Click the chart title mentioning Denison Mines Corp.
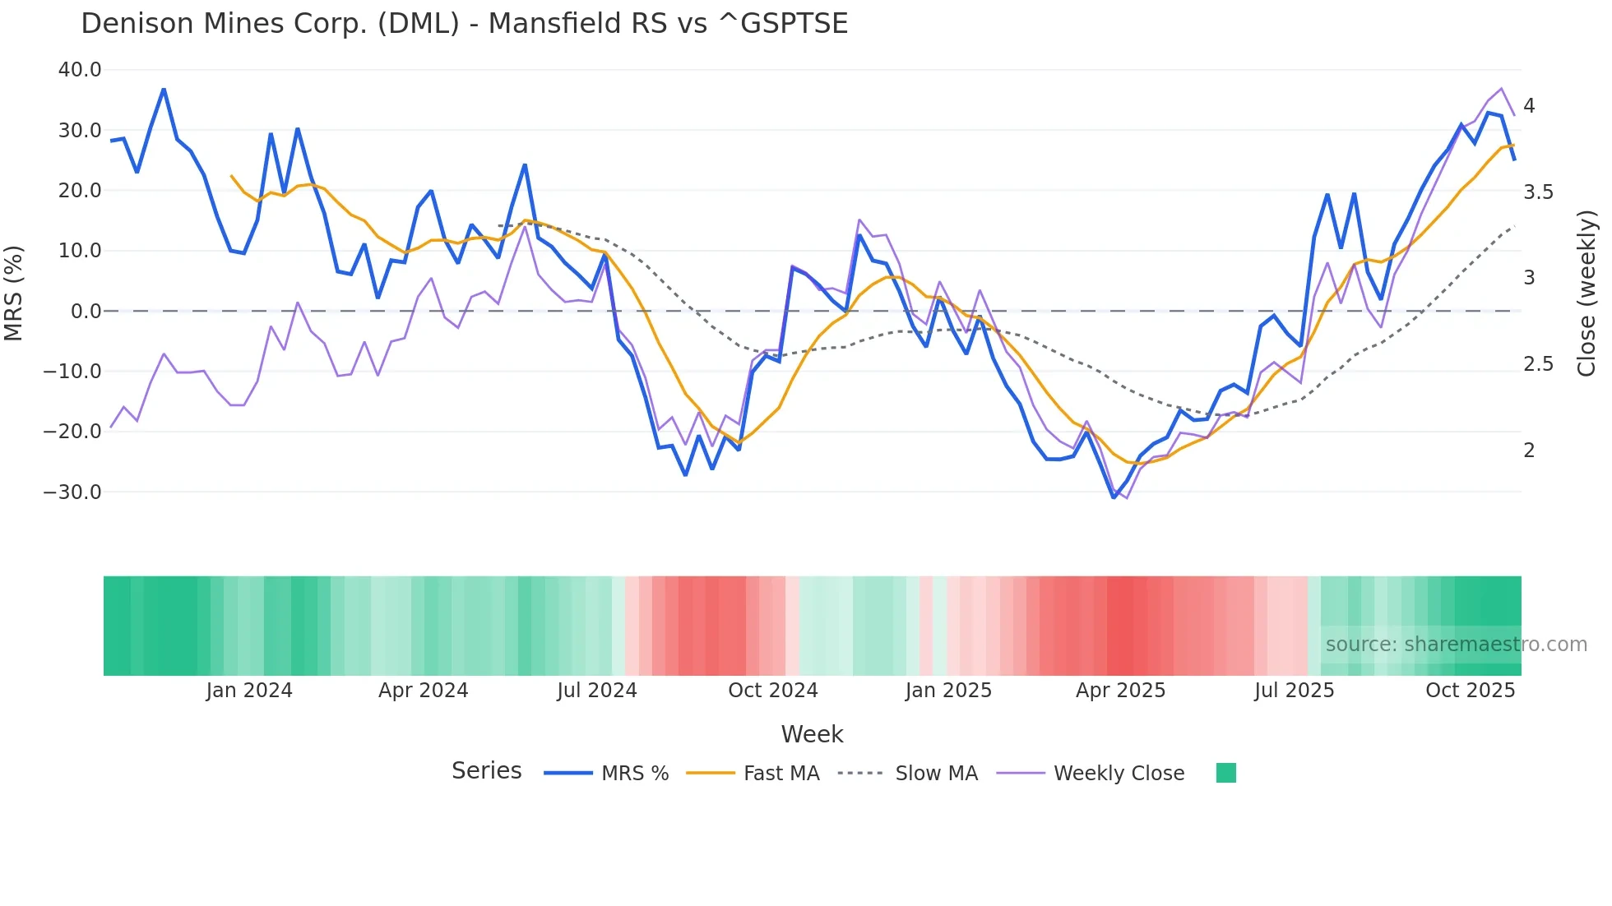[464, 24]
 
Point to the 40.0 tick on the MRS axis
[80, 70]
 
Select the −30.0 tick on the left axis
[72, 492]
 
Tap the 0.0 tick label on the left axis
[86, 312]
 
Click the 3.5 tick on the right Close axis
[1538, 192]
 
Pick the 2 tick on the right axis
[1529, 451]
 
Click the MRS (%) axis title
[14, 293]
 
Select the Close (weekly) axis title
[1587, 294]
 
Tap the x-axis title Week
[812, 734]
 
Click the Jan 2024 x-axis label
[248, 691]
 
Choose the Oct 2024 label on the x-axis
[772, 691]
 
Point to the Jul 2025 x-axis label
[1294, 691]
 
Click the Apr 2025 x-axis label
[1120, 691]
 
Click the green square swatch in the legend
[1225, 773]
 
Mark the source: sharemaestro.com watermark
[1456, 645]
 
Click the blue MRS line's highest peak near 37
[164, 89]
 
